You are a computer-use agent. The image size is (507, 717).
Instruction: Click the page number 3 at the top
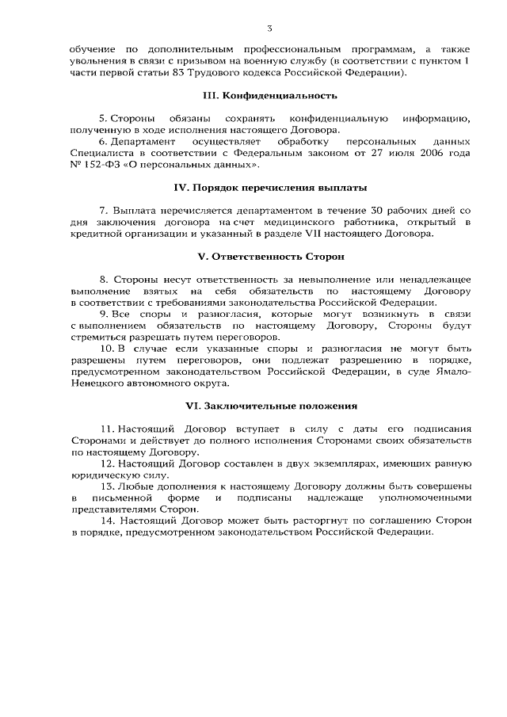[269, 29]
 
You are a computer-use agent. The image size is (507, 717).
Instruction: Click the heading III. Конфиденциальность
[270, 96]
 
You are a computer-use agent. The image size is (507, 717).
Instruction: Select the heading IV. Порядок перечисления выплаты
[270, 188]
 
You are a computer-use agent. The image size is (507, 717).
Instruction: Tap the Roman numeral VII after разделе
[327, 235]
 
